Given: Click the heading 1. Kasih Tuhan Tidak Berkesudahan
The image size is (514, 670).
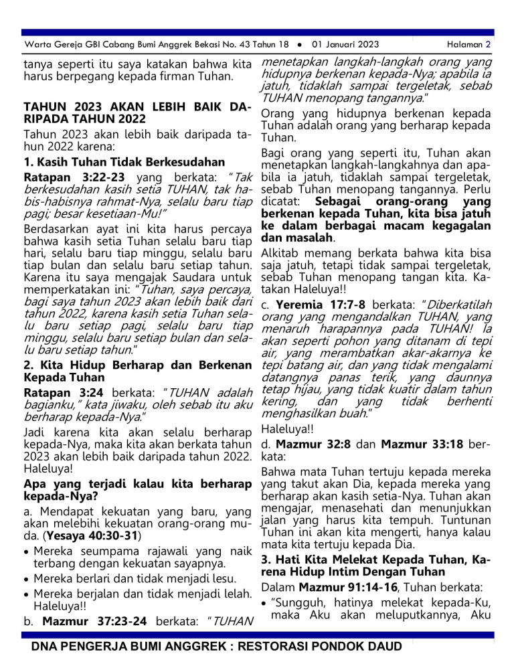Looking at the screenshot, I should tap(124, 162).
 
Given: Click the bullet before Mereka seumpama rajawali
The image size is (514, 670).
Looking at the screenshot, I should tap(26, 553).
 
